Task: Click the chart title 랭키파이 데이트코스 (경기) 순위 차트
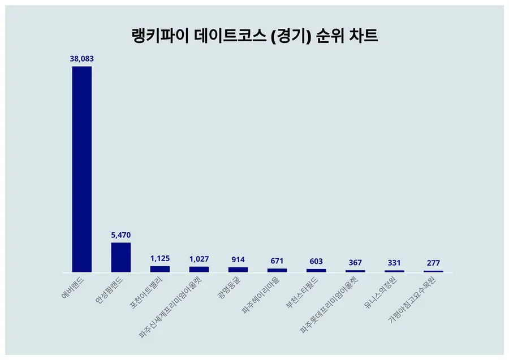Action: coord(254,36)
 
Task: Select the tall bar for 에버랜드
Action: coord(81,169)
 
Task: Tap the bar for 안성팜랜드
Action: coord(120,258)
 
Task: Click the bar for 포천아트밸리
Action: coord(160,269)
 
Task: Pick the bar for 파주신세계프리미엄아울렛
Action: coord(199,270)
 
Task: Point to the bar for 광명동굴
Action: coord(238,270)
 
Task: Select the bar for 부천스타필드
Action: coord(316,271)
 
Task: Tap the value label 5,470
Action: coord(120,235)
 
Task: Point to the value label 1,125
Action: coord(160,258)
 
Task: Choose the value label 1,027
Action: coord(199,259)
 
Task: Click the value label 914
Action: coord(238,259)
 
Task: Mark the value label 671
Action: coord(277,261)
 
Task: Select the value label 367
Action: coord(355,263)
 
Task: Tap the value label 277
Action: coord(433,263)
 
